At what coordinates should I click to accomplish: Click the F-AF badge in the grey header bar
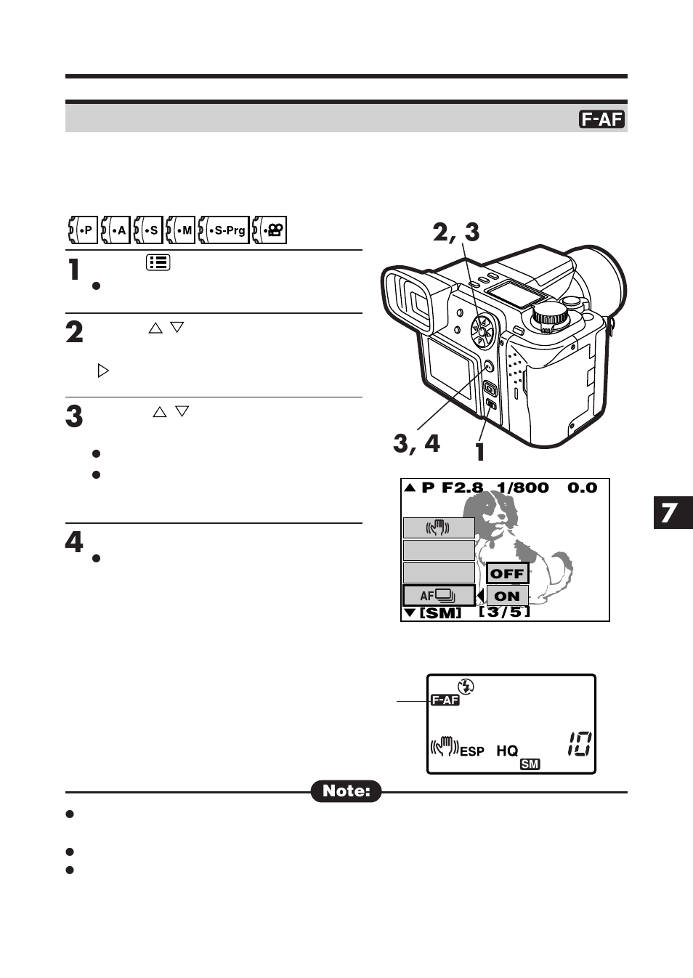pos(601,119)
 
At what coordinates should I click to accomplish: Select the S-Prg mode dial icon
pos(224,230)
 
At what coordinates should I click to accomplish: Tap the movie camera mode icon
pos(269,230)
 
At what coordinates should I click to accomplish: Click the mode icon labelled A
pos(115,230)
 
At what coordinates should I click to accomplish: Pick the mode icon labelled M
pos(181,230)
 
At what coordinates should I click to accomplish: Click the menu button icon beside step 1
pos(158,262)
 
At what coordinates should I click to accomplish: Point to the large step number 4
pos(74,542)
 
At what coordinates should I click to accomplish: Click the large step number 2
pos(74,333)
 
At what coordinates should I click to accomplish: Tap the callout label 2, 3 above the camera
pos(455,232)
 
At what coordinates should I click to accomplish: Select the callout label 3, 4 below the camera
pos(416,442)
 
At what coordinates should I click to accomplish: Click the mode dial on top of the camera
pos(548,315)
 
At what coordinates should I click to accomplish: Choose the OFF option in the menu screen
pos(507,573)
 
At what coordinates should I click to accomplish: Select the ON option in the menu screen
pos(507,596)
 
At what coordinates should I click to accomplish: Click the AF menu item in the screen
pos(439,596)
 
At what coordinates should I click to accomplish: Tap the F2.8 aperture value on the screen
pos(462,488)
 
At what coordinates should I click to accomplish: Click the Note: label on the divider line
pos(346,791)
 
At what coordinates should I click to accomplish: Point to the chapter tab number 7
pos(670,513)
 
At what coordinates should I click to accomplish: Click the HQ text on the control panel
pos(507,751)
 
